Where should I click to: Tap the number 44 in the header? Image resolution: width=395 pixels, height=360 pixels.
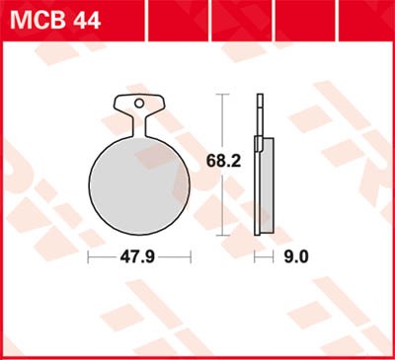[87, 21]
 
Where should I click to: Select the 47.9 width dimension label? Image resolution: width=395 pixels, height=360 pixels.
[137, 257]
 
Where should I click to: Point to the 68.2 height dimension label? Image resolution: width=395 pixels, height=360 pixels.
[223, 161]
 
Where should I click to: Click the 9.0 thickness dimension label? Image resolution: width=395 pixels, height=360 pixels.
[296, 257]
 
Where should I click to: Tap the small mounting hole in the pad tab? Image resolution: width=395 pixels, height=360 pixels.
[139, 104]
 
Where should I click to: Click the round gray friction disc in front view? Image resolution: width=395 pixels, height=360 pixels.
[139, 185]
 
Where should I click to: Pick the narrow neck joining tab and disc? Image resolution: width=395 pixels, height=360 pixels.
[139, 126]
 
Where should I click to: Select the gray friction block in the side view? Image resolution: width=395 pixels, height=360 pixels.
[267, 185]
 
